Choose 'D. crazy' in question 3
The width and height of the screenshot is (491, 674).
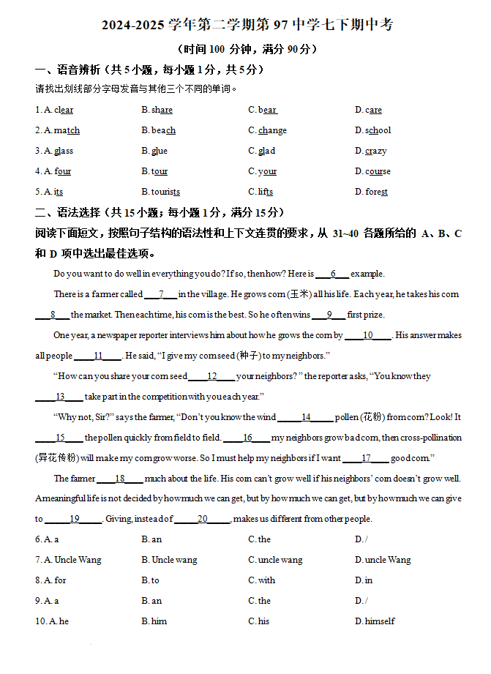[x=371, y=151]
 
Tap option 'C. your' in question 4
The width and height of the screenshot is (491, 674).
[x=263, y=171]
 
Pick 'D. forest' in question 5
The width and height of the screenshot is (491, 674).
[x=372, y=192]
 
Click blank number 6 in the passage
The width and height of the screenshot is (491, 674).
[x=333, y=274]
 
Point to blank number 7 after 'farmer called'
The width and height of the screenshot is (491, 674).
[x=161, y=294]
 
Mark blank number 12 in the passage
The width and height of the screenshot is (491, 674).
[x=212, y=376]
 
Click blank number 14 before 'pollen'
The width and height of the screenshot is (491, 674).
[x=306, y=417]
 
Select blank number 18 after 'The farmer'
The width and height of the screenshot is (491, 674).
[x=119, y=479]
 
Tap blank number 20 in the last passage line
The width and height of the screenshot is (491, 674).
[x=203, y=519]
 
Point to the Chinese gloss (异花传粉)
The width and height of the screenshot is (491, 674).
[x=56, y=458]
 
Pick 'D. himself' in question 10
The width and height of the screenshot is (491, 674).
[x=375, y=621]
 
